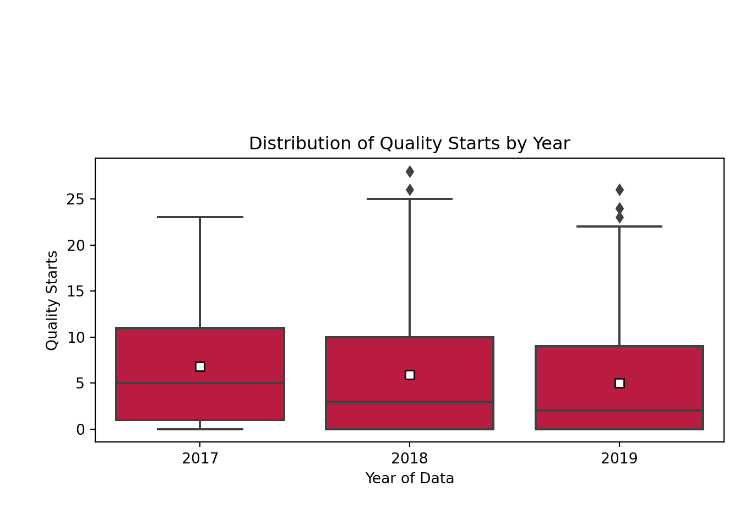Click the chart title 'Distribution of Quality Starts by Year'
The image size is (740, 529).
(409, 144)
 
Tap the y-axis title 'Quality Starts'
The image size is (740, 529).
(52, 300)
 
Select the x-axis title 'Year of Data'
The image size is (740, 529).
(410, 478)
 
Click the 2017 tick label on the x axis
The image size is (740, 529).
(200, 458)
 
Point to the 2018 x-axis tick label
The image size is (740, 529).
(409, 458)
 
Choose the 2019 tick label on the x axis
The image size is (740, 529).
(619, 458)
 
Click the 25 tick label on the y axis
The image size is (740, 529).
(75, 199)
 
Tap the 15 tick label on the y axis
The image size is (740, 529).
(75, 292)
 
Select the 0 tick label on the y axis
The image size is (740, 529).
(80, 429)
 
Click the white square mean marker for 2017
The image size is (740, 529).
(200, 366)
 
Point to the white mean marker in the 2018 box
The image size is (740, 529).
(410, 375)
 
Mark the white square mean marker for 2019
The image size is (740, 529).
(619, 383)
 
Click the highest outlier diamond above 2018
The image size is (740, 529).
(410, 171)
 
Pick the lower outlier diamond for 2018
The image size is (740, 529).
(410, 190)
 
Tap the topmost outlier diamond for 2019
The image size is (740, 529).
(619, 190)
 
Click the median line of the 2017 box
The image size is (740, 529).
(200, 383)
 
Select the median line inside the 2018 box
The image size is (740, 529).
(410, 402)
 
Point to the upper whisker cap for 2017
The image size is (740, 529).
(200, 217)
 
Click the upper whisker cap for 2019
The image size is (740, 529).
(619, 226)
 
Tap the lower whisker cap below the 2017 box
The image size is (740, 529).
(200, 429)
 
